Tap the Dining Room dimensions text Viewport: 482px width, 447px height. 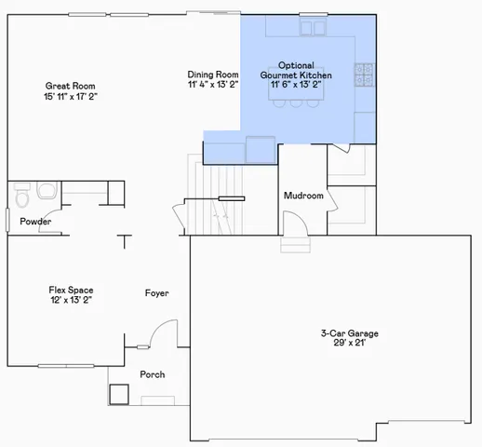pos(213,84)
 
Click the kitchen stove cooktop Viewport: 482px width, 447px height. pos(365,71)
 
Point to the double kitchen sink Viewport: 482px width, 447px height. pos(311,30)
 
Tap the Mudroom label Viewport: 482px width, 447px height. pos(303,196)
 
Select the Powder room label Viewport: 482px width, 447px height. pos(35,222)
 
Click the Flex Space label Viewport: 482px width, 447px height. pos(71,290)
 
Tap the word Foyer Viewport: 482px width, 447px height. pos(156,293)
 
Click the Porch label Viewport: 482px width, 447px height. pos(152,374)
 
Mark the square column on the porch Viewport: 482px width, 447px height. pos(119,393)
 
